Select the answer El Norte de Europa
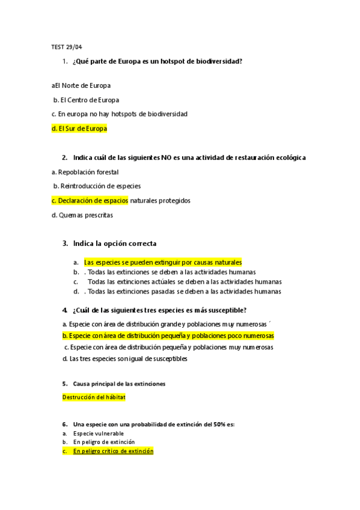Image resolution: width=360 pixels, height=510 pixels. click(x=82, y=85)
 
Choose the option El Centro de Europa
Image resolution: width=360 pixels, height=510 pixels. click(x=87, y=100)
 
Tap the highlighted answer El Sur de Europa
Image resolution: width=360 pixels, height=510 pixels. click(x=79, y=129)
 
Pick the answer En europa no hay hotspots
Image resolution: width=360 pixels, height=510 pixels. click(x=120, y=114)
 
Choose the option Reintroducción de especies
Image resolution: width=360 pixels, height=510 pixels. click(x=97, y=186)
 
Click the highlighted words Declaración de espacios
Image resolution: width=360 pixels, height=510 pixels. click(x=90, y=200)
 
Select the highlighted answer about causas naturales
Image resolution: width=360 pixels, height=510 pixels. click(x=162, y=262)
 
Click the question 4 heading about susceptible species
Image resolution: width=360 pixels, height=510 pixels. click(x=159, y=310)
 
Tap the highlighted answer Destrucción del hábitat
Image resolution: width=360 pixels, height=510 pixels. click(x=94, y=398)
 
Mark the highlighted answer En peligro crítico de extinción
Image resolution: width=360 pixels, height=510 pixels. click(x=112, y=450)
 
